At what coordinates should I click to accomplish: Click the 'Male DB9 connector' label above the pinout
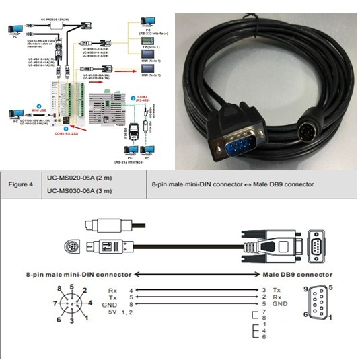click(297, 275)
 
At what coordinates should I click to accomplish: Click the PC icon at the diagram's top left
click(14, 28)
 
